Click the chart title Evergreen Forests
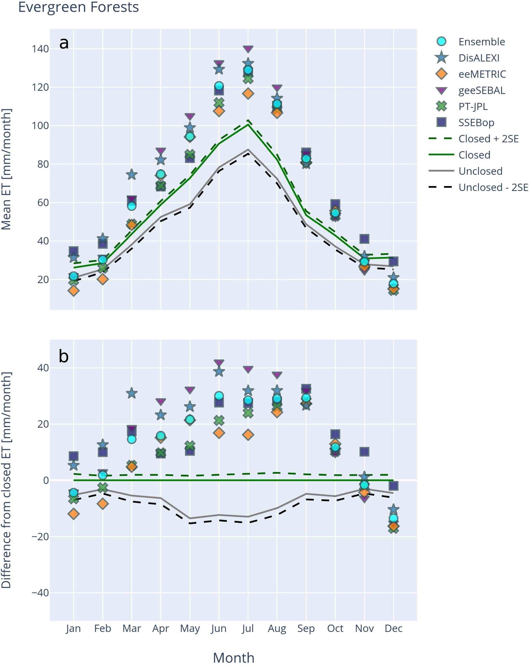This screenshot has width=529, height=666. (78, 7)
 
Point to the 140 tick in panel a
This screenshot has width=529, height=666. (40, 49)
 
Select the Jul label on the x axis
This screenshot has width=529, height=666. (248, 628)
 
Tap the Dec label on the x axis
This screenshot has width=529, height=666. (393, 628)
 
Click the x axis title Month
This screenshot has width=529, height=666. (233, 657)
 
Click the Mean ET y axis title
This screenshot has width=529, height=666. (6, 169)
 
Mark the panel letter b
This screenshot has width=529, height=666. (64, 356)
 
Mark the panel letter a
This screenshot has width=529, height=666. (64, 43)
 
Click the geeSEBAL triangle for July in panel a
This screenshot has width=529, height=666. (248, 49)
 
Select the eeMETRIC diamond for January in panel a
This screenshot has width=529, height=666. (74, 290)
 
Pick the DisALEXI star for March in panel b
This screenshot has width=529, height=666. (132, 393)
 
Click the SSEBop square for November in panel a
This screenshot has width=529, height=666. (364, 239)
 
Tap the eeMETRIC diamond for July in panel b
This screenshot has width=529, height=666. (248, 435)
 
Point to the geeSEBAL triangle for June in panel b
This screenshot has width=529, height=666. (219, 363)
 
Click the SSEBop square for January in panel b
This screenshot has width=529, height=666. (74, 456)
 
